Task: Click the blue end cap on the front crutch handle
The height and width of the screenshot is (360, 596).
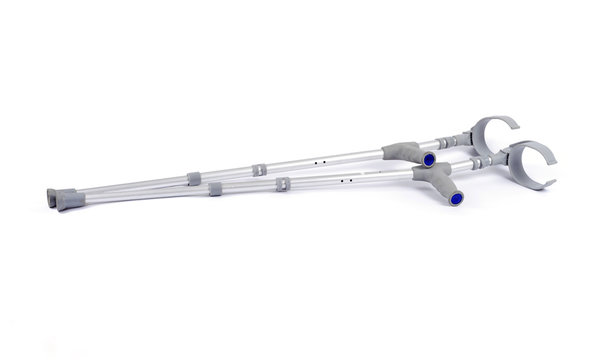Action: pos(456,199)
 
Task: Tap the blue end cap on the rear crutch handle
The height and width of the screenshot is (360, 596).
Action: pos(428,160)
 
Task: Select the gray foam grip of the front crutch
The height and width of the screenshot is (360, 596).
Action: pos(436,181)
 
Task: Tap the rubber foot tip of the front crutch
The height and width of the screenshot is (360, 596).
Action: pos(70,202)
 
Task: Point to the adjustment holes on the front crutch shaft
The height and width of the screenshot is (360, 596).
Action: pos(345,181)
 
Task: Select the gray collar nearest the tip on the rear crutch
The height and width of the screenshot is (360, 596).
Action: pos(194,179)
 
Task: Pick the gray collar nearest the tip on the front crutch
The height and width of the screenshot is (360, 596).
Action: pos(215,189)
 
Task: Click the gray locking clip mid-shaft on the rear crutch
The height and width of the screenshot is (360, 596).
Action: pos(259,170)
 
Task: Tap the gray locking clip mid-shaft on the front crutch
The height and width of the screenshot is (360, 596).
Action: pos(283,185)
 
